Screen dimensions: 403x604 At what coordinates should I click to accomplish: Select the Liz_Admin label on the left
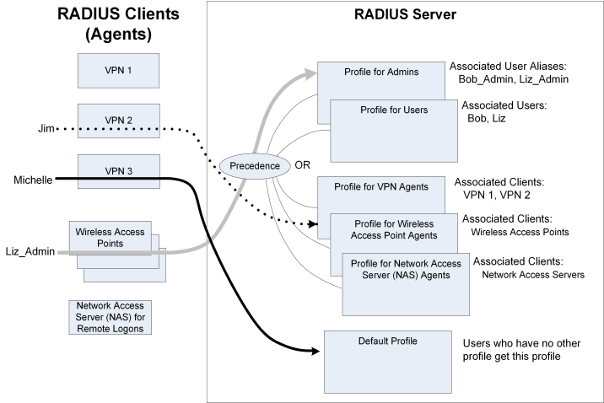[25, 250]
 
